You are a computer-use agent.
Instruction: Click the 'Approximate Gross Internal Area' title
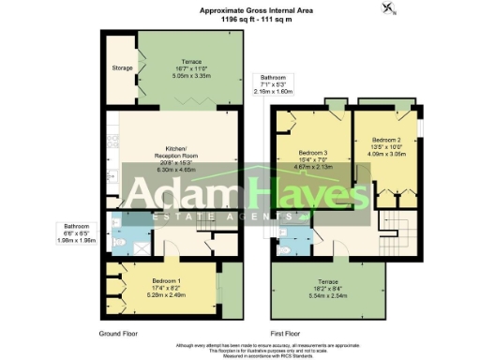pos(239,8)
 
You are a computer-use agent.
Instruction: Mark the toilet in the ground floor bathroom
pos(126,242)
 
